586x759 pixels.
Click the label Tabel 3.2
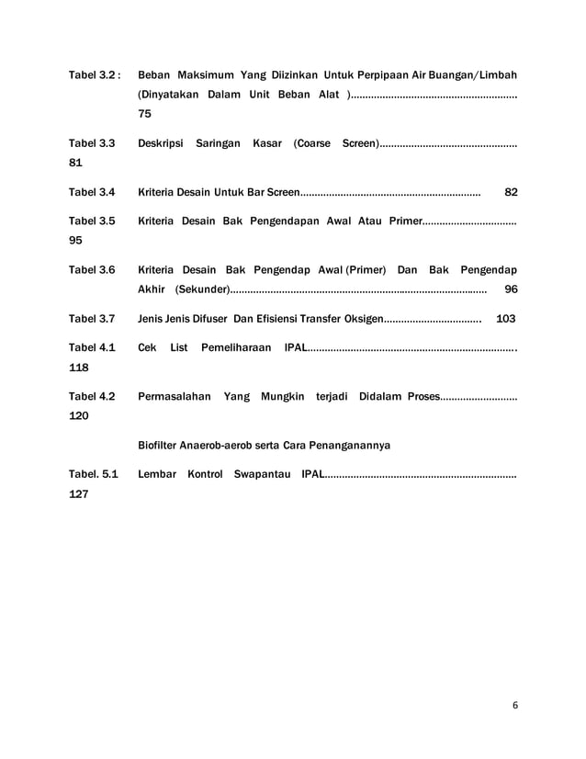[x=92, y=74]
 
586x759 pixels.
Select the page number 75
[x=145, y=114]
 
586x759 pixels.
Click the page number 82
[x=512, y=192]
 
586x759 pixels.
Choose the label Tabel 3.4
[x=92, y=192]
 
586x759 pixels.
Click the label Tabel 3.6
[x=92, y=270]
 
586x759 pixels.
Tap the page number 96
[x=512, y=289]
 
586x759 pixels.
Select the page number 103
[x=505, y=319]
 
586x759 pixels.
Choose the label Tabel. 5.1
[x=94, y=474]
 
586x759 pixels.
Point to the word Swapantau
[x=262, y=474]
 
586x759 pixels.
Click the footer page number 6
[x=515, y=705]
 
